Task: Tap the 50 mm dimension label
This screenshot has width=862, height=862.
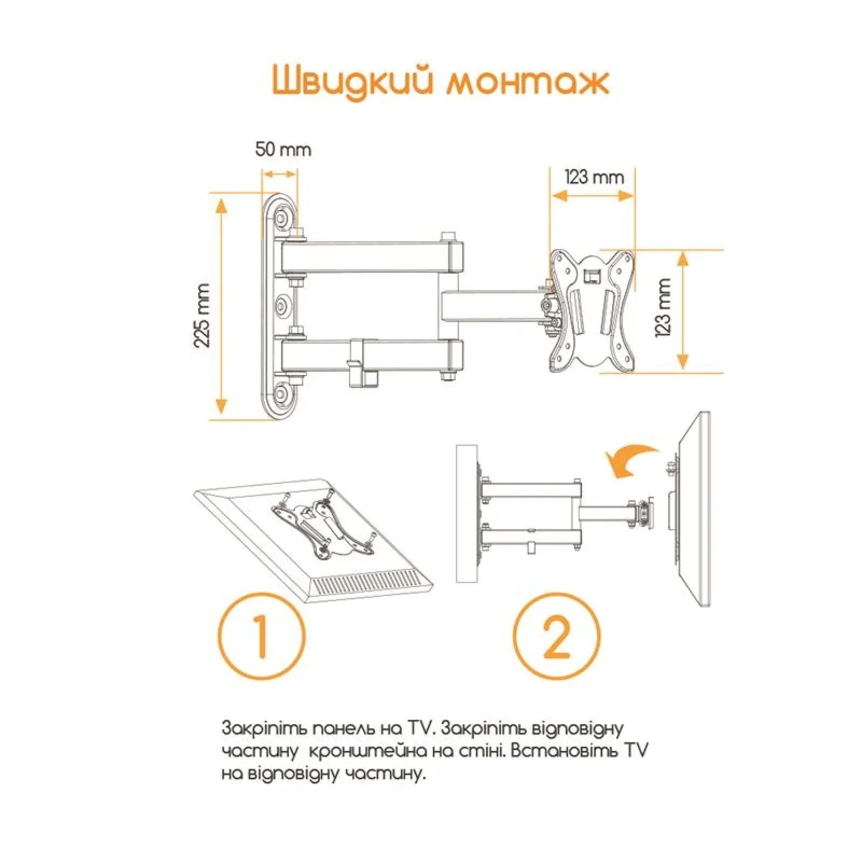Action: (283, 149)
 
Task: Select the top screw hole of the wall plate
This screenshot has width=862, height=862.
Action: (281, 218)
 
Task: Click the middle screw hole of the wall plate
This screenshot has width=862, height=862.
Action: (282, 307)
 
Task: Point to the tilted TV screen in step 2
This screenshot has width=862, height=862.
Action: (695, 509)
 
